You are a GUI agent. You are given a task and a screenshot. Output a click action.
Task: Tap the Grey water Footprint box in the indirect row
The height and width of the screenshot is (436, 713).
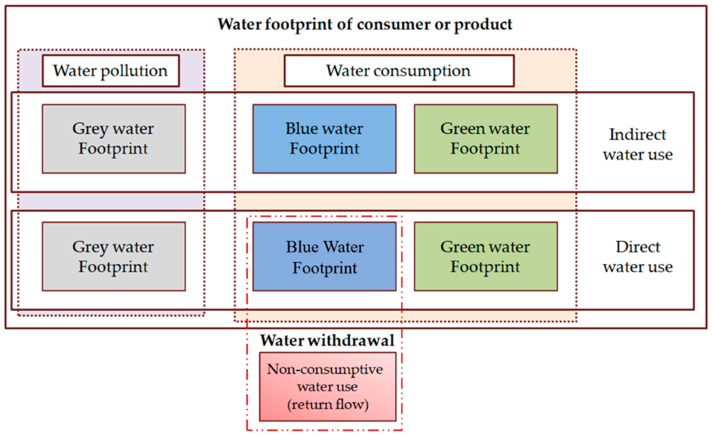(x=114, y=139)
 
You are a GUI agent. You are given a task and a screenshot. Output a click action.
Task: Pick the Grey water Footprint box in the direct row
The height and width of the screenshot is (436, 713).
(x=114, y=256)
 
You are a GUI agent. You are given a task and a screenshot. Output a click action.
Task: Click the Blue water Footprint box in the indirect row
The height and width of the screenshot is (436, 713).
(x=324, y=139)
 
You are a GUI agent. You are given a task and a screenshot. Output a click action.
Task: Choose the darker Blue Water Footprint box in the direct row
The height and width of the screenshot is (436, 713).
(x=324, y=256)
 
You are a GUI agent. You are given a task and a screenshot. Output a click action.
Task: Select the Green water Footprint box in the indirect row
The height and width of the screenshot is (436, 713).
(x=486, y=139)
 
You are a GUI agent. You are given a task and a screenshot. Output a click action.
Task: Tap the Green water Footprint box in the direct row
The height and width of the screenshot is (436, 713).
(x=486, y=256)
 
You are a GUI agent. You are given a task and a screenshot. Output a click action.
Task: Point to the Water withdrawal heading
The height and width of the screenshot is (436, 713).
(x=327, y=340)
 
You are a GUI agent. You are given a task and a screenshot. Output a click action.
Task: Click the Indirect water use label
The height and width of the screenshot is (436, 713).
(x=638, y=144)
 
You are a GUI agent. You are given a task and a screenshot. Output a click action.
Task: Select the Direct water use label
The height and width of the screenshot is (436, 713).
(x=638, y=256)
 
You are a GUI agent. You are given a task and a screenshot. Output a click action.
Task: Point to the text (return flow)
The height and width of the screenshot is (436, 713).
(x=328, y=405)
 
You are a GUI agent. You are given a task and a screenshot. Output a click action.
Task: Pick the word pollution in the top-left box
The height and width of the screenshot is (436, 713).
(x=134, y=71)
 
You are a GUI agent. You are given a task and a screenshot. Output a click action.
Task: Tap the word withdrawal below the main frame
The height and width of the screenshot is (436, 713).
(x=351, y=340)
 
